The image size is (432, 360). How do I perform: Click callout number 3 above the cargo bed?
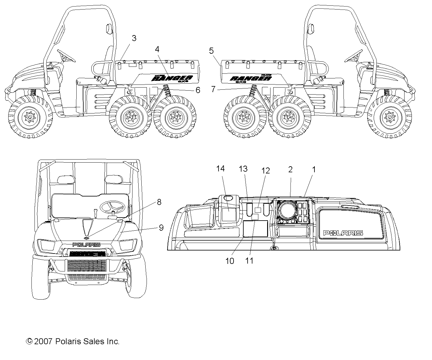point(134,38)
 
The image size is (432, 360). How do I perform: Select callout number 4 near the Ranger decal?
point(157,49)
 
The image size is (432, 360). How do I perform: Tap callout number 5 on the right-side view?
point(211,51)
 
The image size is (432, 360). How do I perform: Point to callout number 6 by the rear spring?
point(198,90)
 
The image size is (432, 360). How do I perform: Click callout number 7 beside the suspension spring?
point(213,90)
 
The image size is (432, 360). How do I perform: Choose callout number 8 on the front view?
point(159,202)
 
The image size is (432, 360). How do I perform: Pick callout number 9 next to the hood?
point(161,228)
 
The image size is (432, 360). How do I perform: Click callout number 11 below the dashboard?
point(249,261)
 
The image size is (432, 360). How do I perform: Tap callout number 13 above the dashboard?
point(243,168)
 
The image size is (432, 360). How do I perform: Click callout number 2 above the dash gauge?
point(290,169)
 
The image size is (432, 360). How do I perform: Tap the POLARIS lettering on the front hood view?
point(87,245)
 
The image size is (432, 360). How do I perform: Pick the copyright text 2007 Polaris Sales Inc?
point(73,341)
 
